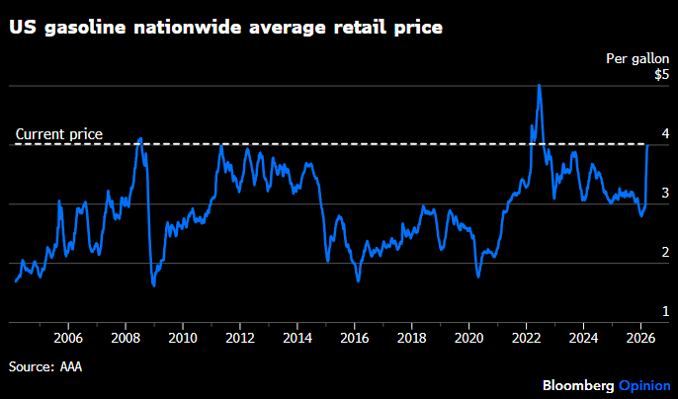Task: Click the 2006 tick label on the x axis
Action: pos(68,338)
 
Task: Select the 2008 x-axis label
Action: pos(126,338)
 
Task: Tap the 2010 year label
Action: pos(182,338)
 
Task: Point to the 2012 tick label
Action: pos(239,338)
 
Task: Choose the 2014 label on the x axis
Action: pos(297,338)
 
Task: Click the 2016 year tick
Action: pos(354,338)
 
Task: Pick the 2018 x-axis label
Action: pos(411,338)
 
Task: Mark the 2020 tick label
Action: pos(468,338)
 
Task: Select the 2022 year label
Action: pos(526,338)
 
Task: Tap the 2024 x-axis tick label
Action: pos(583,338)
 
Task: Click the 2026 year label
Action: pos(639,338)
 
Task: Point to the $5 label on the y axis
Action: pos(660,75)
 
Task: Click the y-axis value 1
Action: pos(664,312)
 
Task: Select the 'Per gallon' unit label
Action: pos(636,58)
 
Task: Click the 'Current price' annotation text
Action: pos(59,134)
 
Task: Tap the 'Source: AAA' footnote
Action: pos(44,366)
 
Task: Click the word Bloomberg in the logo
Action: pos(578,384)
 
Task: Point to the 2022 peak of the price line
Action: pos(539,85)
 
